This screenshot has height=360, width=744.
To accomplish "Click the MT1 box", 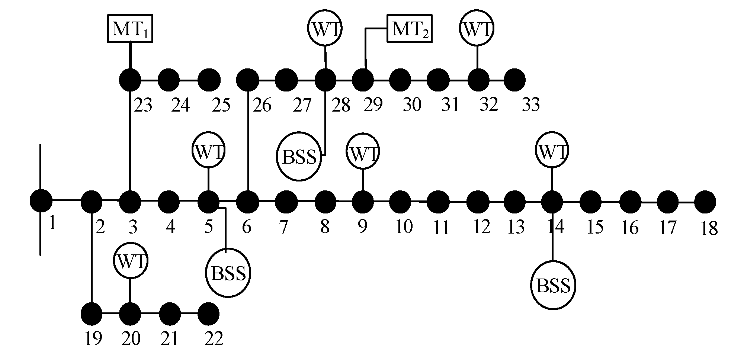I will pos(130,29).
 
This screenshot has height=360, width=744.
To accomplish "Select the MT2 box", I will pos(410,29).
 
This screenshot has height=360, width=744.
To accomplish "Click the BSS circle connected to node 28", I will pos(299,157).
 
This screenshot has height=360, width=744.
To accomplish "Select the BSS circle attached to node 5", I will pos(228,273).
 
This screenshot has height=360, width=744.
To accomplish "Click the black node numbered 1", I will pos(41,200).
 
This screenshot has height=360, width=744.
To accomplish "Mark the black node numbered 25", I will pos(209,80).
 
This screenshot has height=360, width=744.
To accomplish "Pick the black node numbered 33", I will pos(514,80).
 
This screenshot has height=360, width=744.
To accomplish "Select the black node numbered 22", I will pos(208,314).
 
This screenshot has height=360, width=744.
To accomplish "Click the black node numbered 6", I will pos(248,201).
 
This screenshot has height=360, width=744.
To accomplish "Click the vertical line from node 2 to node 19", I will pos(92,257).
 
